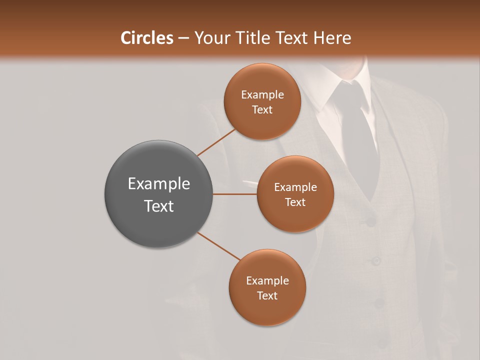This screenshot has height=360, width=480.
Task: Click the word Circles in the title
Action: coord(146,38)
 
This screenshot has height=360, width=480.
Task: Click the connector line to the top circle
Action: coord(216,142)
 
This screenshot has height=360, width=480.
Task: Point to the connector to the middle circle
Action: coord(235,194)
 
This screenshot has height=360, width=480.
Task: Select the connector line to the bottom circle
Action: coord(219,246)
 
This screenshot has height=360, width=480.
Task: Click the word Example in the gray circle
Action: coord(159,184)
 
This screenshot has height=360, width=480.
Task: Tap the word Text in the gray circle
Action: coord(159,206)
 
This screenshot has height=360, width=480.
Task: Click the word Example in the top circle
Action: coord(262,95)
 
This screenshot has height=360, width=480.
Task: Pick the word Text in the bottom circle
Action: coord(267,295)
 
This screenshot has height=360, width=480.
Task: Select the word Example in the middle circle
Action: coord(295,187)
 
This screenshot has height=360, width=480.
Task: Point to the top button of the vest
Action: coord(370,218)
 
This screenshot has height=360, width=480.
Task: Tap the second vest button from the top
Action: coord(375,260)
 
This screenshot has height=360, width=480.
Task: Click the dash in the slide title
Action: coord(183,38)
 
